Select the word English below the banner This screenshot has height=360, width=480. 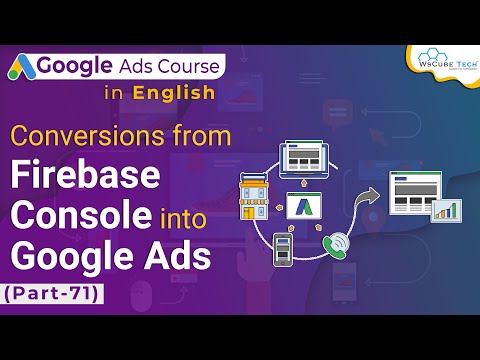174,94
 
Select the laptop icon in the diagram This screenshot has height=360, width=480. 311,158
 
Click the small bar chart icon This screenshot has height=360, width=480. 444,209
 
